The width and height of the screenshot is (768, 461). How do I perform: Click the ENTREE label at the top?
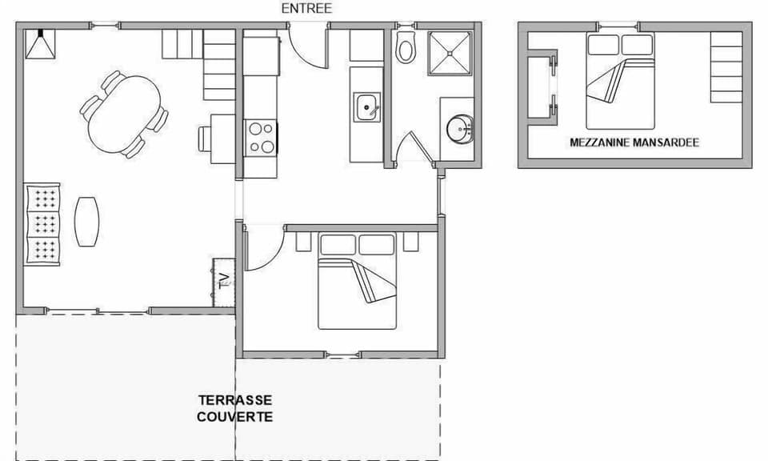(x=306, y=9)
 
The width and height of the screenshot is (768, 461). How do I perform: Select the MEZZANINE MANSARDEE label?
(x=634, y=142)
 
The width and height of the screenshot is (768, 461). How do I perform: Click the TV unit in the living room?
(x=224, y=281)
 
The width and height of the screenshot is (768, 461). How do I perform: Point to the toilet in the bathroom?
(x=406, y=49)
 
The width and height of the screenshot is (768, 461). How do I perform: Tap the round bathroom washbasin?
(x=459, y=126)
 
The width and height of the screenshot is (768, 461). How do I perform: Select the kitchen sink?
(x=367, y=106)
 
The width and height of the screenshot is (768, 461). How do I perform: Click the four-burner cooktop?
(x=260, y=137)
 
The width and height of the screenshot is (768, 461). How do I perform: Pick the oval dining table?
(x=124, y=114)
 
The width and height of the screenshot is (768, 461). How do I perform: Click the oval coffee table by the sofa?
(x=86, y=221)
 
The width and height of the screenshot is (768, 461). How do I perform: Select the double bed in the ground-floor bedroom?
(x=358, y=282)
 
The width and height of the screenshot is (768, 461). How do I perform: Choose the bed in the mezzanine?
(x=620, y=82)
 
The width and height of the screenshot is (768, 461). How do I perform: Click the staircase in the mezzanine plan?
(x=726, y=68)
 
